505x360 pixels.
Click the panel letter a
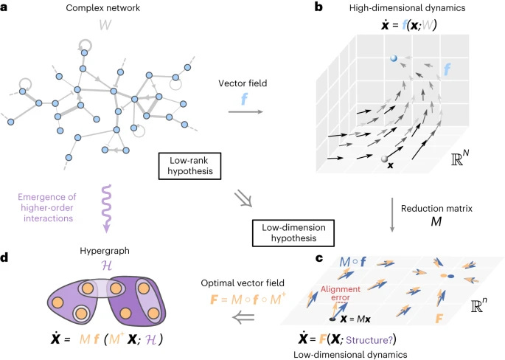[4, 7]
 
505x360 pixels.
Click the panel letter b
[318, 7]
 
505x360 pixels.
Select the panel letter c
[319, 258]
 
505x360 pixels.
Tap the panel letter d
[4, 257]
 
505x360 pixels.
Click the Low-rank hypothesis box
[189, 166]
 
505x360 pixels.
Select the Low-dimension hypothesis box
[293, 232]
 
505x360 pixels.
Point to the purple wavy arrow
[107, 209]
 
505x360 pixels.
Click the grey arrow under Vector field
[245, 111]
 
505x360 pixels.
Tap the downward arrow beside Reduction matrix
[392, 215]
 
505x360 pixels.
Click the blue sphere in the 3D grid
[393, 58]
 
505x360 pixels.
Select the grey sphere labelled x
[384, 159]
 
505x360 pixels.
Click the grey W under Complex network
[105, 25]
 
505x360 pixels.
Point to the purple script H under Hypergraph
[106, 266]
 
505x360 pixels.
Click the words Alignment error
[341, 293]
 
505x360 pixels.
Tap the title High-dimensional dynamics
[407, 7]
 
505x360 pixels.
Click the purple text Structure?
[369, 340]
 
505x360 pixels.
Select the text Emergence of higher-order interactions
[47, 207]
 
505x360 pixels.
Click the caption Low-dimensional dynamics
[350, 355]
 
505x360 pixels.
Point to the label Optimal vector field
[243, 283]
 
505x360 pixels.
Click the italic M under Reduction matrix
[436, 222]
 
